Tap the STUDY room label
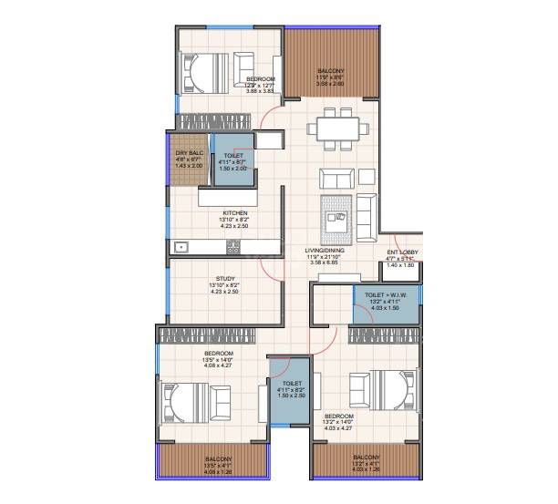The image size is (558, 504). click(x=225, y=279)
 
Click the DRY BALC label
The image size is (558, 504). click(x=188, y=152)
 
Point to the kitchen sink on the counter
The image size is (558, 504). click(x=181, y=246)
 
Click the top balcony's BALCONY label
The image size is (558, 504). click(x=330, y=71)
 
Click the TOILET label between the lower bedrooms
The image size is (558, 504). click(x=292, y=384)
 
